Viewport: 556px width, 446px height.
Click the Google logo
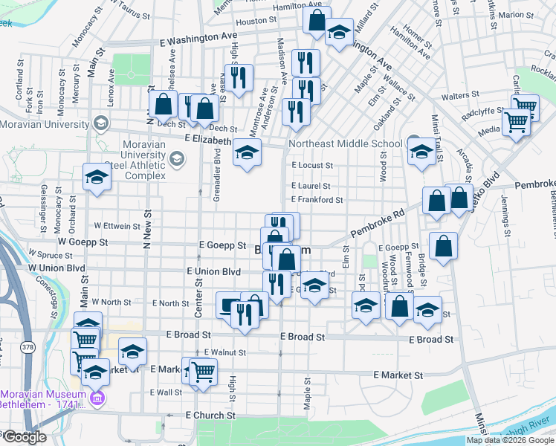24,437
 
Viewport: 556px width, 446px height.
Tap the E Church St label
210,415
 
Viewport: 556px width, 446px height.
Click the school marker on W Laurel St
97,177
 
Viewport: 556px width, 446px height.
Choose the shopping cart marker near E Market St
203,372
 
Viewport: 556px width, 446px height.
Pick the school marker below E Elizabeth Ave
248,153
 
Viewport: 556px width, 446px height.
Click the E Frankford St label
317,200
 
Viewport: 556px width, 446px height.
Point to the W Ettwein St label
117,226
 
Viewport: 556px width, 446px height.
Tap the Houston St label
250,22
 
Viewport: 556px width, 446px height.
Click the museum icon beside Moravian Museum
97,401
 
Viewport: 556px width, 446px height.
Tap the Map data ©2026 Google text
510,440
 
